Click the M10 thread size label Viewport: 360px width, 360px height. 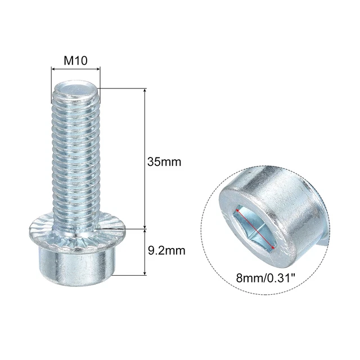[x=75, y=60]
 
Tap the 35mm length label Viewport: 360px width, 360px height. [x=164, y=162]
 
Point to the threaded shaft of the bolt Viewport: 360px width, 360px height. [x=75, y=157]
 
